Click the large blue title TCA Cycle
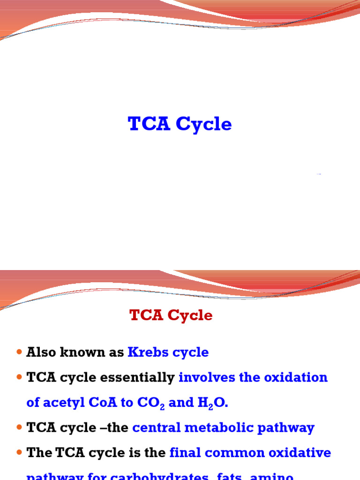pos(180,124)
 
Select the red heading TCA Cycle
pos(171,315)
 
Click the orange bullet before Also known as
pos(19,352)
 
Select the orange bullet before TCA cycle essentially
pos(19,378)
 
